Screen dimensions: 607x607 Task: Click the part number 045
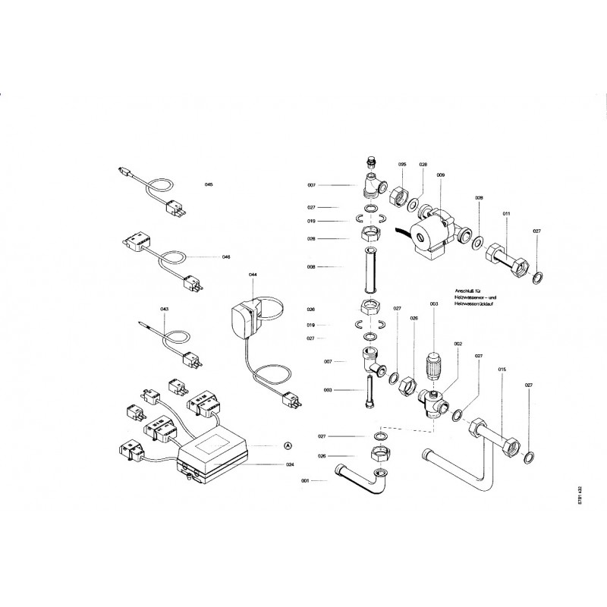(x=209, y=185)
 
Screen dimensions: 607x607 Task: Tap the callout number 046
(x=226, y=256)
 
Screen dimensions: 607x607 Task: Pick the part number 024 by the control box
(x=290, y=464)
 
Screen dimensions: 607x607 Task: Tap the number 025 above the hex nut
(x=402, y=165)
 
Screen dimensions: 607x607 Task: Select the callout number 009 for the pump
(x=440, y=175)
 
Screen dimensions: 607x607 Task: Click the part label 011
(x=506, y=215)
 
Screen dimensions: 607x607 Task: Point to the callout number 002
(x=458, y=344)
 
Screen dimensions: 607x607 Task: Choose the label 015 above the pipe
(x=502, y=370)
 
